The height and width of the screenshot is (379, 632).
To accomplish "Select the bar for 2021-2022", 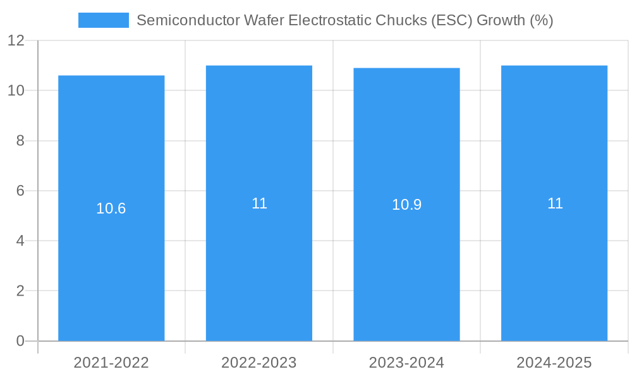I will point(111,265).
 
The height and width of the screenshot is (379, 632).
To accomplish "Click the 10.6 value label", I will point(111,208).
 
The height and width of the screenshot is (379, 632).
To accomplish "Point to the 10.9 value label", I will point(406,205).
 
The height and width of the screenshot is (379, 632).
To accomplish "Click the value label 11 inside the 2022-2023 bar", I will point(259,203).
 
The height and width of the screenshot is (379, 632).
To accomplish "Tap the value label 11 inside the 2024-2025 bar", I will point(555,203).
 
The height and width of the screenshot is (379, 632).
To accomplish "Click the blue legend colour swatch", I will point(103,20).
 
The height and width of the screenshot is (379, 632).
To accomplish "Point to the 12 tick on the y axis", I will point(16,40).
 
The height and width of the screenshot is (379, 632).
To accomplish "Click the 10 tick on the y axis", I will point(16,90).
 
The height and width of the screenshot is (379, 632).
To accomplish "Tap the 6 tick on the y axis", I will point(20,191).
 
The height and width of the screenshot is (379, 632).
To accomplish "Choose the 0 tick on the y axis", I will point(20,341).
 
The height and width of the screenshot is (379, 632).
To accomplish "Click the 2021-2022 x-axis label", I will point(111,363).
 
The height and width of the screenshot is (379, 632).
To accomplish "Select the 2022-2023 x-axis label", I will point(259,363).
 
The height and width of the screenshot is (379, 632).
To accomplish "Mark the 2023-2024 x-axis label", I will point(406,363).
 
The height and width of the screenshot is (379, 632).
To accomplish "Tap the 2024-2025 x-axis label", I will point(554,363).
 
